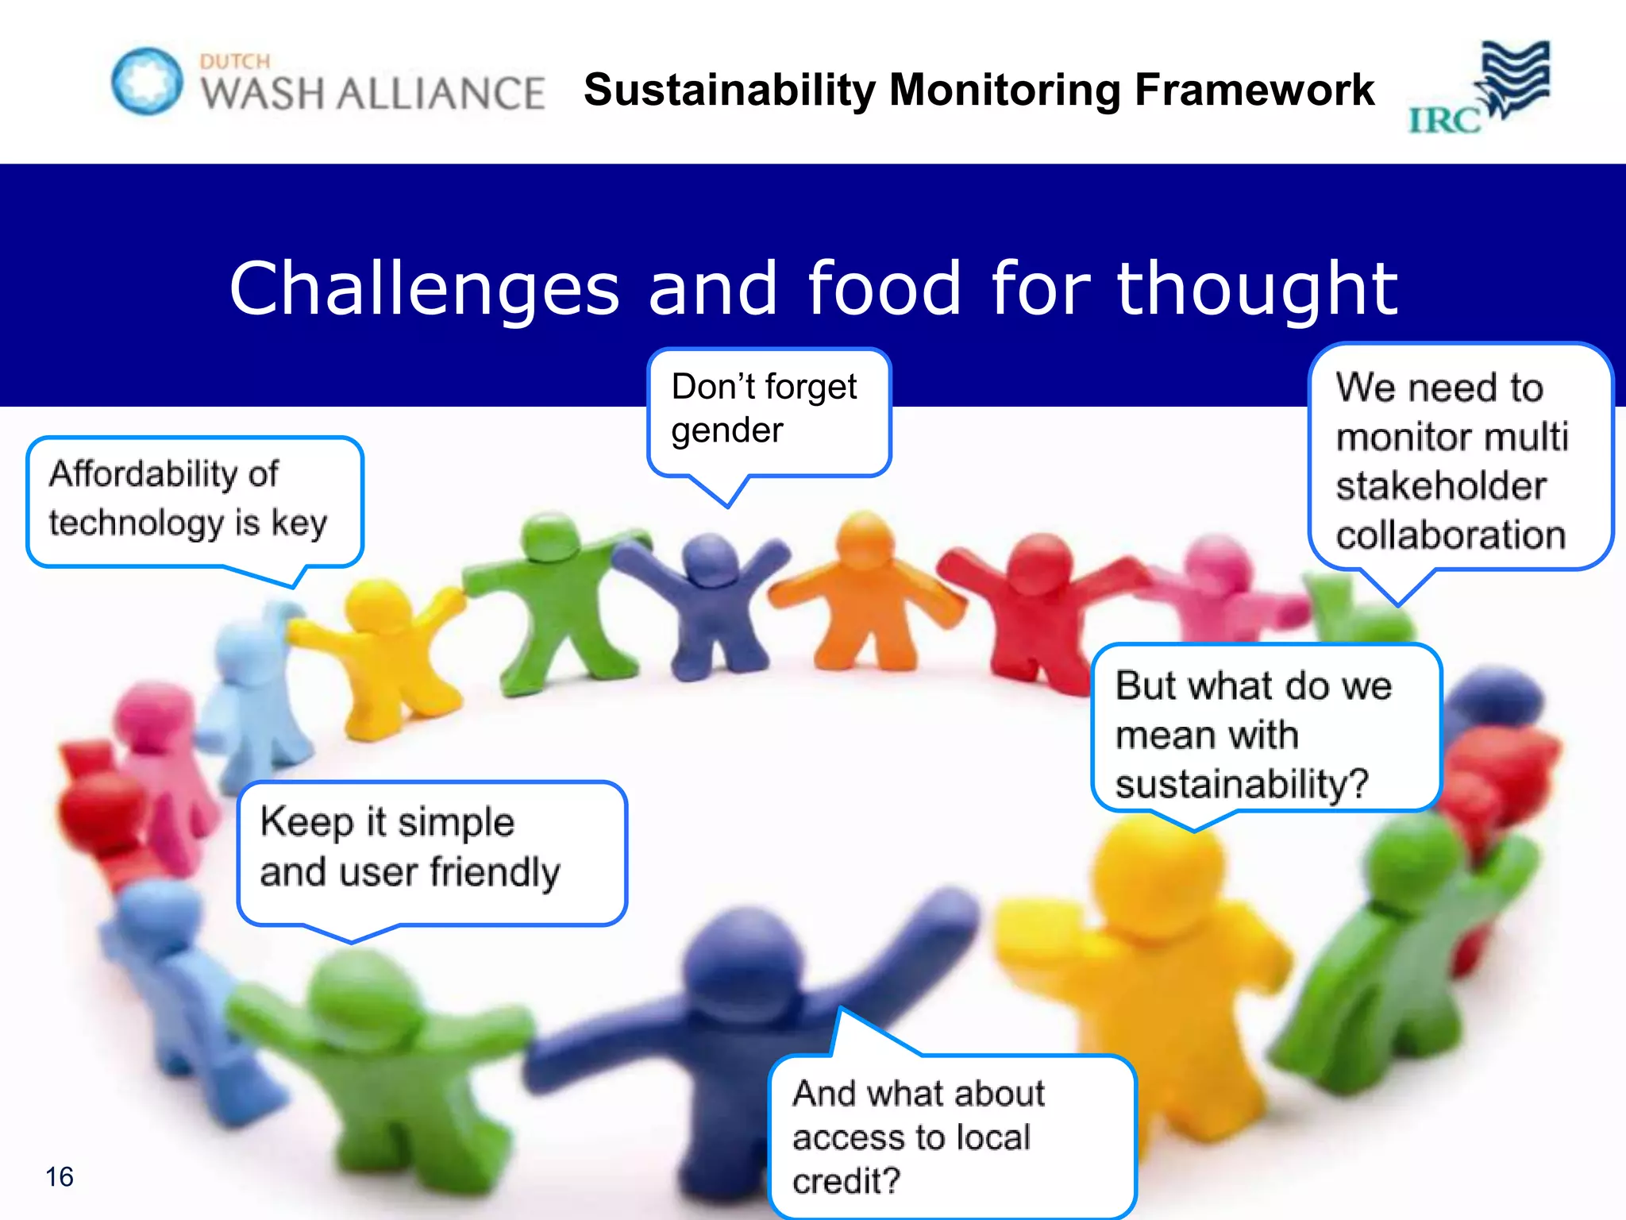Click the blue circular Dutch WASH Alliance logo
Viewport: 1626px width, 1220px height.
(x=147, y=81)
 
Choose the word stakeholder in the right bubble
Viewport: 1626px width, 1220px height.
(x=1440, y=486)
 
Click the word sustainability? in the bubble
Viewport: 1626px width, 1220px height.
(x=1242, y=784)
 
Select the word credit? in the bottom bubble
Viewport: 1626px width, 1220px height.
(x=846, y=1181)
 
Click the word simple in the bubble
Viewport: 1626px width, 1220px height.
(x=456, y=823)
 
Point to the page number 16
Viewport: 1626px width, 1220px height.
(x=60, y=1176)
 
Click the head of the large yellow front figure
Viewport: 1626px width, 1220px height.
(x=1151, y=874)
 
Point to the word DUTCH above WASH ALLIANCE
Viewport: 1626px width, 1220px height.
(x=235, y=62)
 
